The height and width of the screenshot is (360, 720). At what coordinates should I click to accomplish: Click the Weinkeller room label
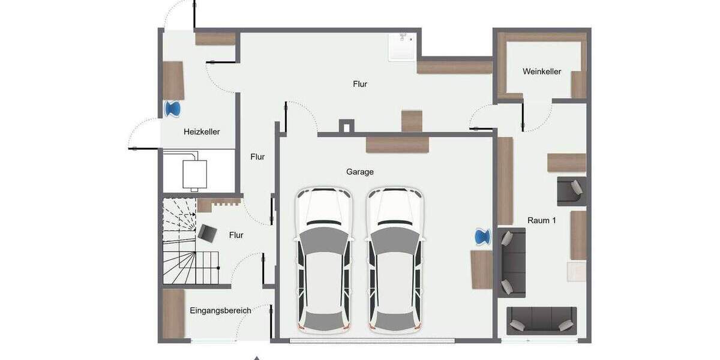coord(541,71)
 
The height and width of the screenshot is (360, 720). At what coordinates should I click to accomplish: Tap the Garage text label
coord(359,172)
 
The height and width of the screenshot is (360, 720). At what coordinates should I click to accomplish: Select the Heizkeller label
coord(202,131)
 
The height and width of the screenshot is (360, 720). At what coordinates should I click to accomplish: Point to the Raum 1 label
coord(541,220)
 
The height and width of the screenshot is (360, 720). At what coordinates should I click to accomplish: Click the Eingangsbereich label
coord(220,310)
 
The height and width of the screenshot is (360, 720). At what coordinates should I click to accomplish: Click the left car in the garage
coord(323,260)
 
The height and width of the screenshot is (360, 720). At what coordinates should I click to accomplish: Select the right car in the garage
coord(395,260)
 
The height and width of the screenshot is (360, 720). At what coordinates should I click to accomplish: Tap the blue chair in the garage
coord(482,236)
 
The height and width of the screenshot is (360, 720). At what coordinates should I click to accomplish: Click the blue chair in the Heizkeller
coord(173,109)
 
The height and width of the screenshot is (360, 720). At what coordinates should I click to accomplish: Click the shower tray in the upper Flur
coord(401,47)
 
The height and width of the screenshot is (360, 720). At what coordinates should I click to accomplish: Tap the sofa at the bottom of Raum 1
coord(541,321)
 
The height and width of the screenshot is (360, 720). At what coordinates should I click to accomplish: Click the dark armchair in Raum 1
coord(571,191)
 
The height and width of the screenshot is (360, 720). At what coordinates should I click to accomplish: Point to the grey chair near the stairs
coord(208,232)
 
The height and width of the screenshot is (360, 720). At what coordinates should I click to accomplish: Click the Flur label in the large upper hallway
coord(359,84)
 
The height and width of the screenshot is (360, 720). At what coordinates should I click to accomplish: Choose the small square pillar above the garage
coord(346,126)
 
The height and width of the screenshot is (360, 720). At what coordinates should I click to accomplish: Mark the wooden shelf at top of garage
coord(398,145)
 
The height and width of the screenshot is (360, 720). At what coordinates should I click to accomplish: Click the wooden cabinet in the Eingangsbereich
coord(173,314)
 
